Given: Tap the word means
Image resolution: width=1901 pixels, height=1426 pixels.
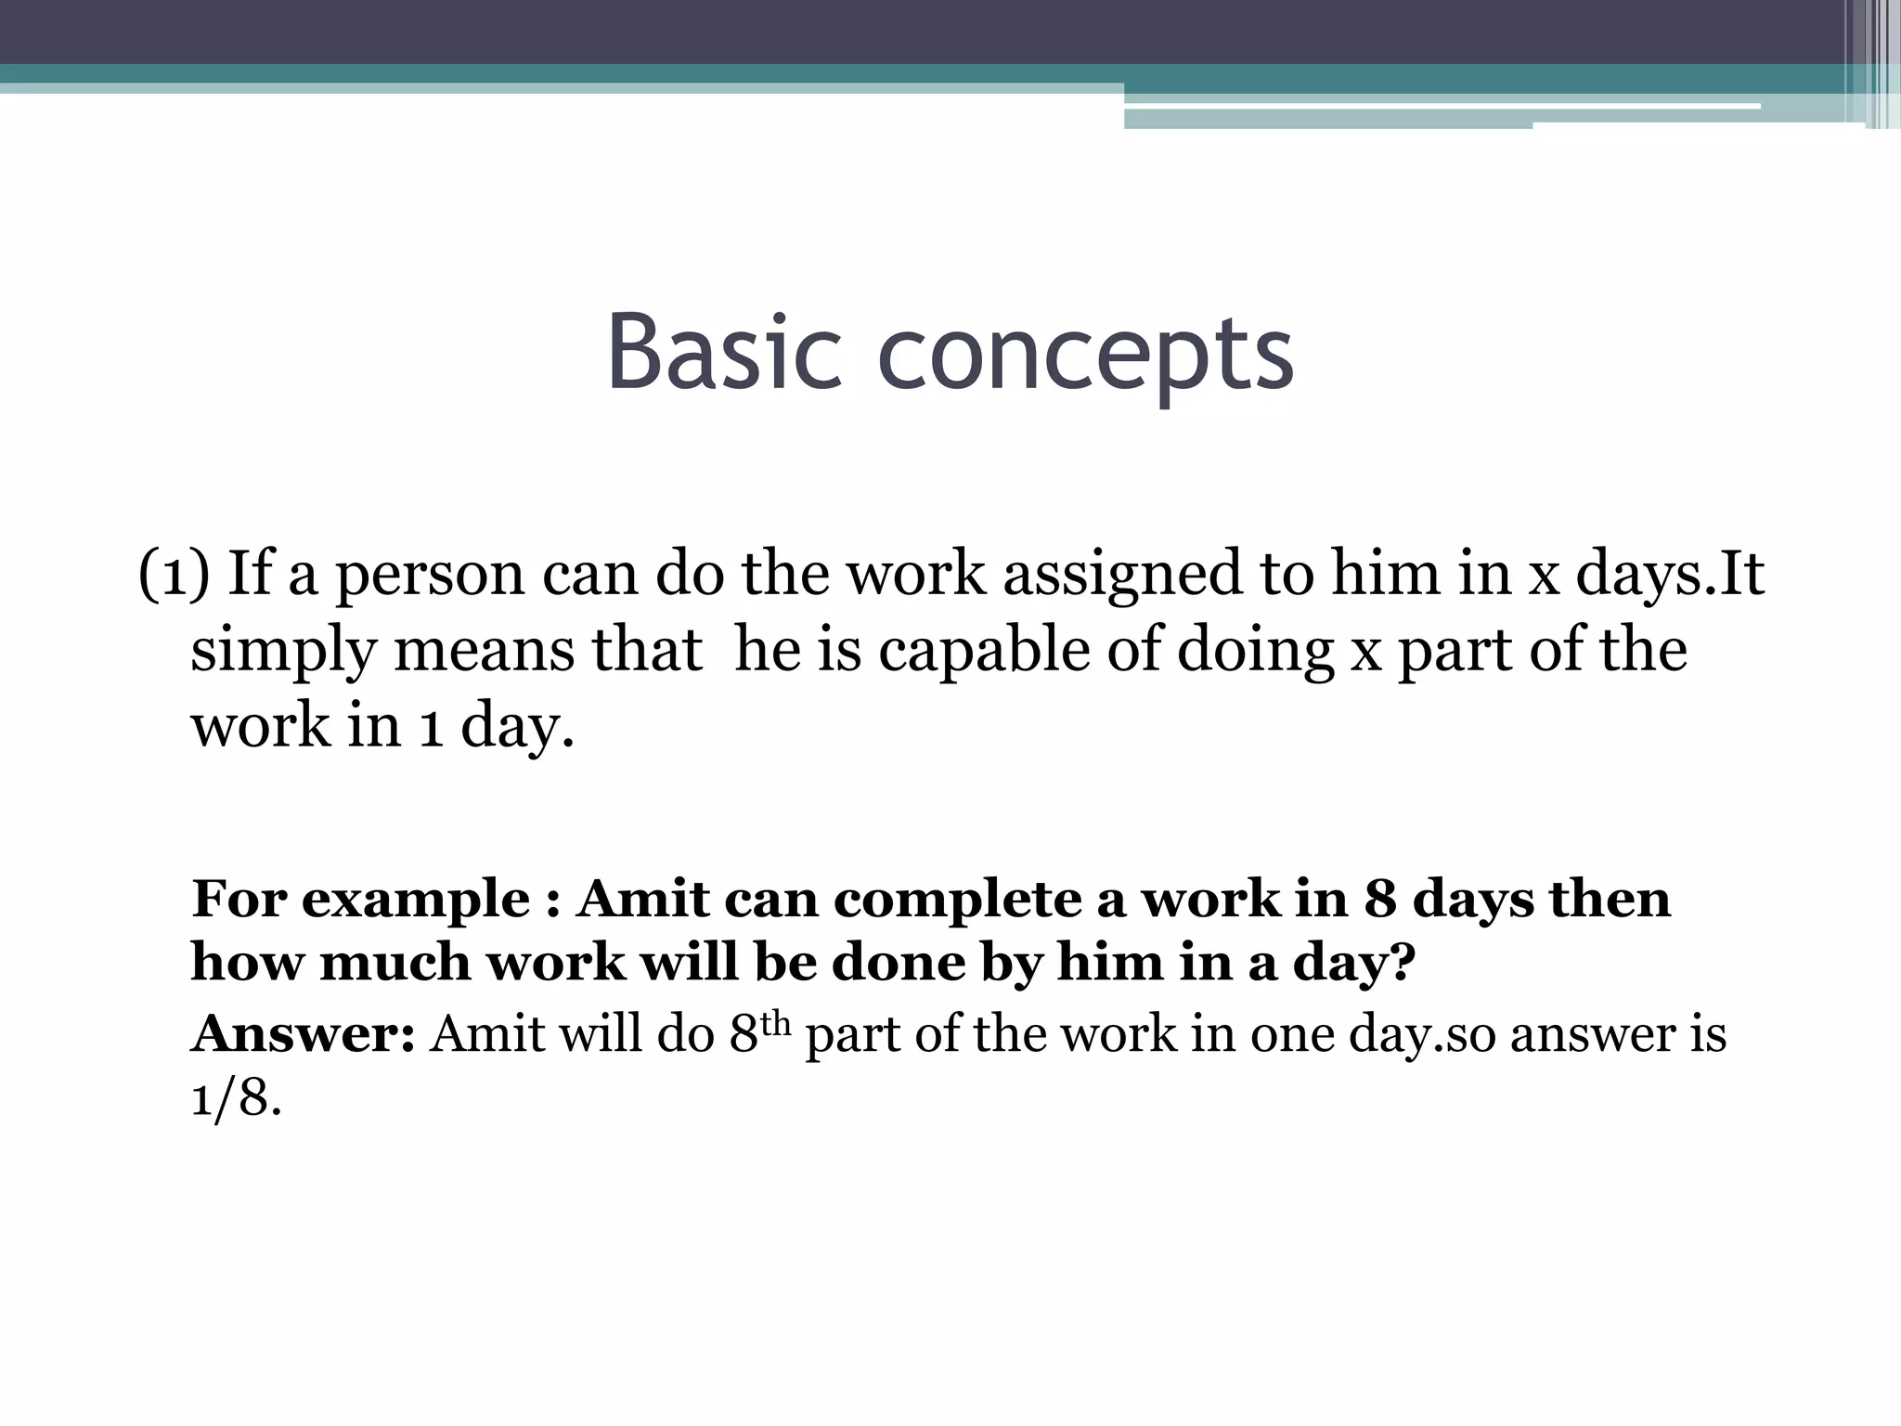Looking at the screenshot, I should pos(484,650).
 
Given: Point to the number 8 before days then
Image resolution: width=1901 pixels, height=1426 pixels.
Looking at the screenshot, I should pos(1380,899).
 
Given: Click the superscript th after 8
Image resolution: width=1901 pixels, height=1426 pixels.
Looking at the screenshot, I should pos(775,1022).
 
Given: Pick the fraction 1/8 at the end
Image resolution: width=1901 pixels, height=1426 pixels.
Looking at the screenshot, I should pos(236,1099).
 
